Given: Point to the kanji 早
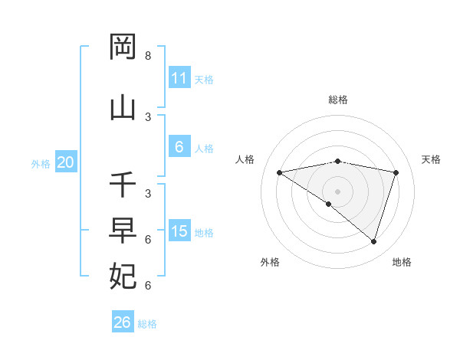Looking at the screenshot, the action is (x=123, y=231).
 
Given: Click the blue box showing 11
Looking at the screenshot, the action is (x=179, y=78).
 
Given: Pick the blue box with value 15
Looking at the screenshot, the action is (x=179, y=231).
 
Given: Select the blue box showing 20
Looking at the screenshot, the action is (x=65, y=162).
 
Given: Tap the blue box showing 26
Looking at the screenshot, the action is (x=122, y=322).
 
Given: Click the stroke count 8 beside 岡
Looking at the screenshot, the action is (x=148, y=56).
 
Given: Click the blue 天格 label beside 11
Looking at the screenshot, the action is (x=204, y=80).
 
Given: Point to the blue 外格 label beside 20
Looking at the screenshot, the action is (x=41, y=163).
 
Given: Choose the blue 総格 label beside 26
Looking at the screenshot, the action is (x=147, y=324).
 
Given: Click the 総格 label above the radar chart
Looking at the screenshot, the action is (x=338, y=100).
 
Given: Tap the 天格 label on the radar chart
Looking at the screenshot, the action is (x=432, y=159).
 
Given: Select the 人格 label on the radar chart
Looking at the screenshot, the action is (x=245, y=159).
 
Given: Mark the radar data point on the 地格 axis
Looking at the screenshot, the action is (x=373, y=241).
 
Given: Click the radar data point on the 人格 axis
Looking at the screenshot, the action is (x=279, y=172).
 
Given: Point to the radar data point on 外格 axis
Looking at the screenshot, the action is (x=329, y=204).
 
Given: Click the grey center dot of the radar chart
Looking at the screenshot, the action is (x=338, y=191).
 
